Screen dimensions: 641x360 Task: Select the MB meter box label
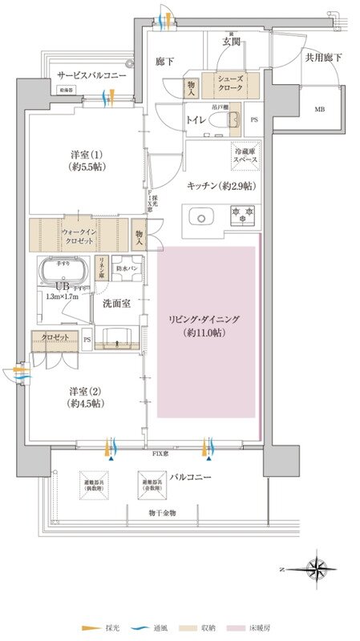point(319,109)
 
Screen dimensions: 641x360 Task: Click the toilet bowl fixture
point(231,119)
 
